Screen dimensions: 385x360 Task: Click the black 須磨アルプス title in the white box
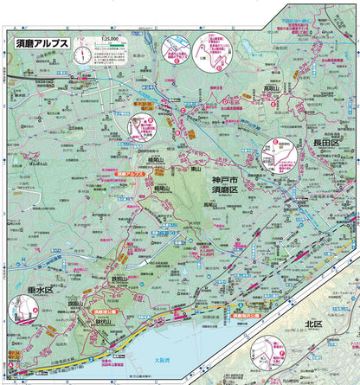click(x=42, y=42)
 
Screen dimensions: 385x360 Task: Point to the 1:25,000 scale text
click(x=108, y=39)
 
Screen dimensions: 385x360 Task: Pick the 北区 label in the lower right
click(x=312, y=324)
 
